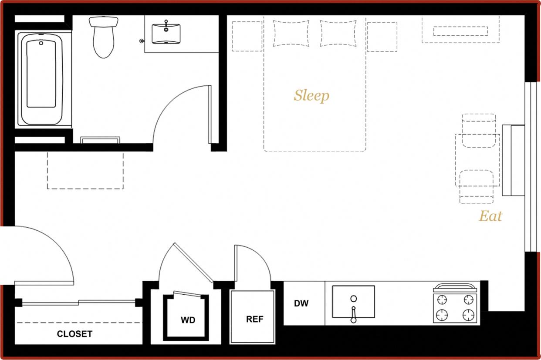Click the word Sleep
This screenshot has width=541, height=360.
pyautogui.click(x=311, y=96)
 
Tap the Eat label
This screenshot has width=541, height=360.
pyautogui.click(x=490, y=216)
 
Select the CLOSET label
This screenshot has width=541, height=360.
pyautogui.click(x=74, y=334)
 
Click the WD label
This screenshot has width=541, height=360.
pyautogui.click(x=188, y=320)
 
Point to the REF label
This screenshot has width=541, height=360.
pyautogui.click(x=255, y=319)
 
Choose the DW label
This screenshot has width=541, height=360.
pyautogui.click(x=301, y=303)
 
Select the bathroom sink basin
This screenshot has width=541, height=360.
pyautogui.click(x=166, y=33)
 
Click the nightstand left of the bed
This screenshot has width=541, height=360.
pyautogui.click(x=247, y=37)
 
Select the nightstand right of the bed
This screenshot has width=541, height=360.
pyautogui.click(x=382, y=37)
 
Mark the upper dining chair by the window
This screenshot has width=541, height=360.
pyautogui.click(x=478, y=131)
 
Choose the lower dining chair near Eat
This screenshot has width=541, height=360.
pyautogui.click(x=477, y=186)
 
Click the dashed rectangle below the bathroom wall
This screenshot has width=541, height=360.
pyautogui.click(x=85, y=170)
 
